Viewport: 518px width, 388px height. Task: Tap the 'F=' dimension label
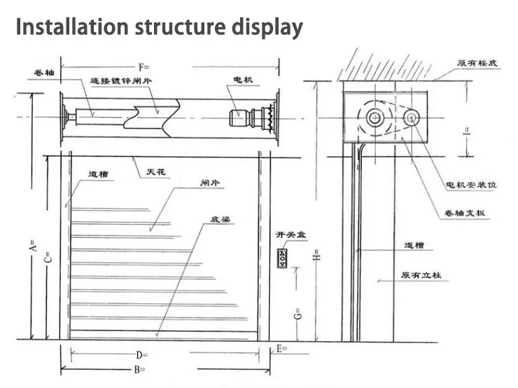(144, 67)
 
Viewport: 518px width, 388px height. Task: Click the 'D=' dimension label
(141, 355)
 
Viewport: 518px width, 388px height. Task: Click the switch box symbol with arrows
(283, 257)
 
